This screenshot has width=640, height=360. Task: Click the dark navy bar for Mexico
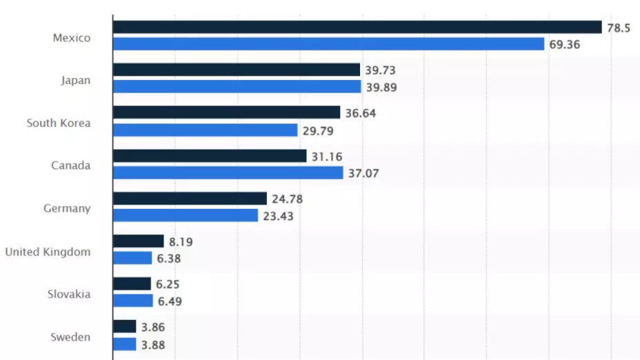point(357,27)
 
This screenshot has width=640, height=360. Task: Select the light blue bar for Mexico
point(328,44)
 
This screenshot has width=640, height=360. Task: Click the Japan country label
point(75,81)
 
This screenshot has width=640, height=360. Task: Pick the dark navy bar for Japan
point(237,70)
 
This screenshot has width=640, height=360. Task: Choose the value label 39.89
point(381,87)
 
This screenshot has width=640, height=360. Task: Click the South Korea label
point(59,123)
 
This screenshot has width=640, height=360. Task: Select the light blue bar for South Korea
point(205,130)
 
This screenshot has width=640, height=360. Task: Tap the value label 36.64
point(361,113)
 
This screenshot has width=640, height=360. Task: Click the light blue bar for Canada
point(228,172)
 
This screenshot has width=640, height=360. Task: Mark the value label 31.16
point(327,157)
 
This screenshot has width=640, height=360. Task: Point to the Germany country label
point(68,208)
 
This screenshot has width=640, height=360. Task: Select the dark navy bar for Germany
point(190,199)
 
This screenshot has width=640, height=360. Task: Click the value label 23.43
point(278,216)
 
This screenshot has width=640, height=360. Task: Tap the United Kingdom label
point(48,252)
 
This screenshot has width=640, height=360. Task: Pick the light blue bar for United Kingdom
point(132,258)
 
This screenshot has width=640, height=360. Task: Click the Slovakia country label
point(68,294)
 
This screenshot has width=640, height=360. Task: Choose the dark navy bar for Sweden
point(125,327)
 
